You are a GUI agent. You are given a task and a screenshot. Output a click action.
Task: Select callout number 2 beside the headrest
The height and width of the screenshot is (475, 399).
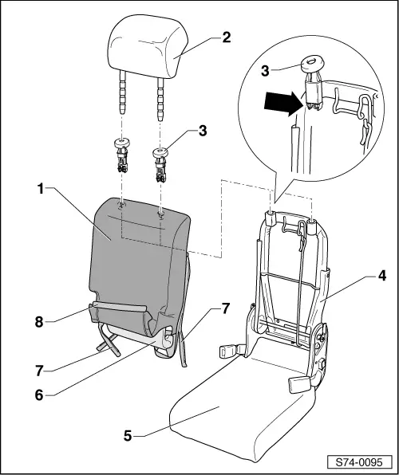(x=226, y=37)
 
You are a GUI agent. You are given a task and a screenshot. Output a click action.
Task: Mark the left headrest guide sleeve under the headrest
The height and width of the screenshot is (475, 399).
(x=122, y=154)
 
